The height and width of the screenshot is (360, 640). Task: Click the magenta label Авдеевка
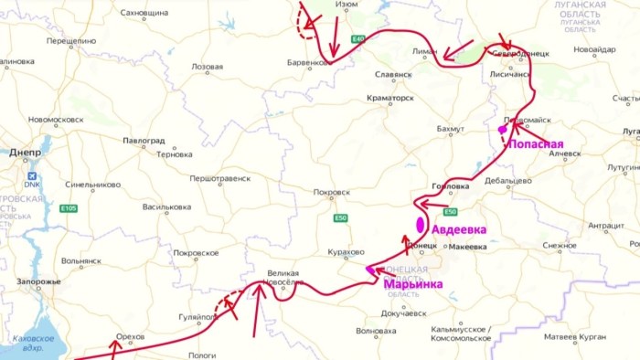point(459,229)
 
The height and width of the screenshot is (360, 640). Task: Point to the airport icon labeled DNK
point(33,176)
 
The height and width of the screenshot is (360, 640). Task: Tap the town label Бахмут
point(451,130)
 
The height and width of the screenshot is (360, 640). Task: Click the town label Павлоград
point(144,142)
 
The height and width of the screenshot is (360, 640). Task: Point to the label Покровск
point(331,193)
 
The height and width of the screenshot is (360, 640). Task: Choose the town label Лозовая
point(207,67)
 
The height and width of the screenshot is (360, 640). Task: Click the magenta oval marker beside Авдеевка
point(421,224)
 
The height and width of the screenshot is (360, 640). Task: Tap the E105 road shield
point(69,208)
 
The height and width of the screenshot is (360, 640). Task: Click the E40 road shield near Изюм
point(358,38)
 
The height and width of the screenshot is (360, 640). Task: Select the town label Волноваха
point(376,331)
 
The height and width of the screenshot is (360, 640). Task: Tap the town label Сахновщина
point(144,14)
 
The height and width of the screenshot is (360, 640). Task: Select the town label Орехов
point(131,336)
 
